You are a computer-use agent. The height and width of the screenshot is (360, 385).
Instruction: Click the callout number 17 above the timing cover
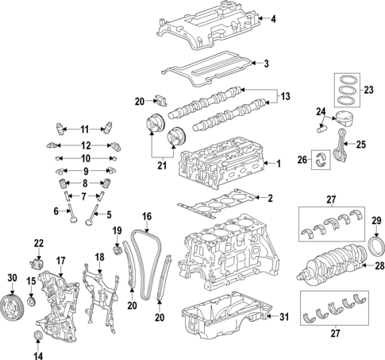tap(60, 261)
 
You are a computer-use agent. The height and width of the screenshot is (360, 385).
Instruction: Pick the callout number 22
tap(39, 242)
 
